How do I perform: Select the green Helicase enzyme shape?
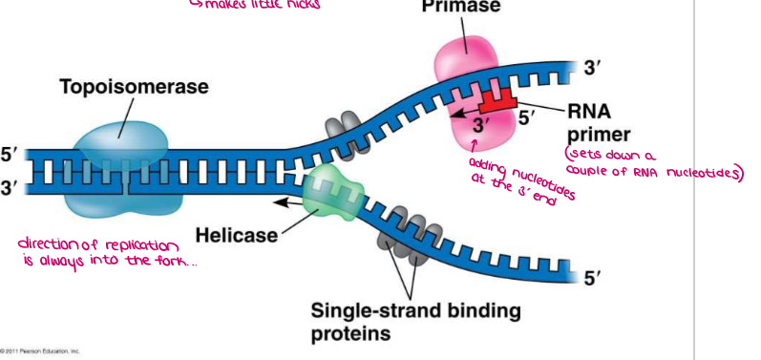pyautogui.click(x=330, y=187)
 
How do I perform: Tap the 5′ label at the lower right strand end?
pyautogui.click(x=592, y=278)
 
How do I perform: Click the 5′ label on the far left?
pyautogui.click(x=10, y=153)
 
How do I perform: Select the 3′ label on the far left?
pyautogui.click(x=10, y=187)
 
